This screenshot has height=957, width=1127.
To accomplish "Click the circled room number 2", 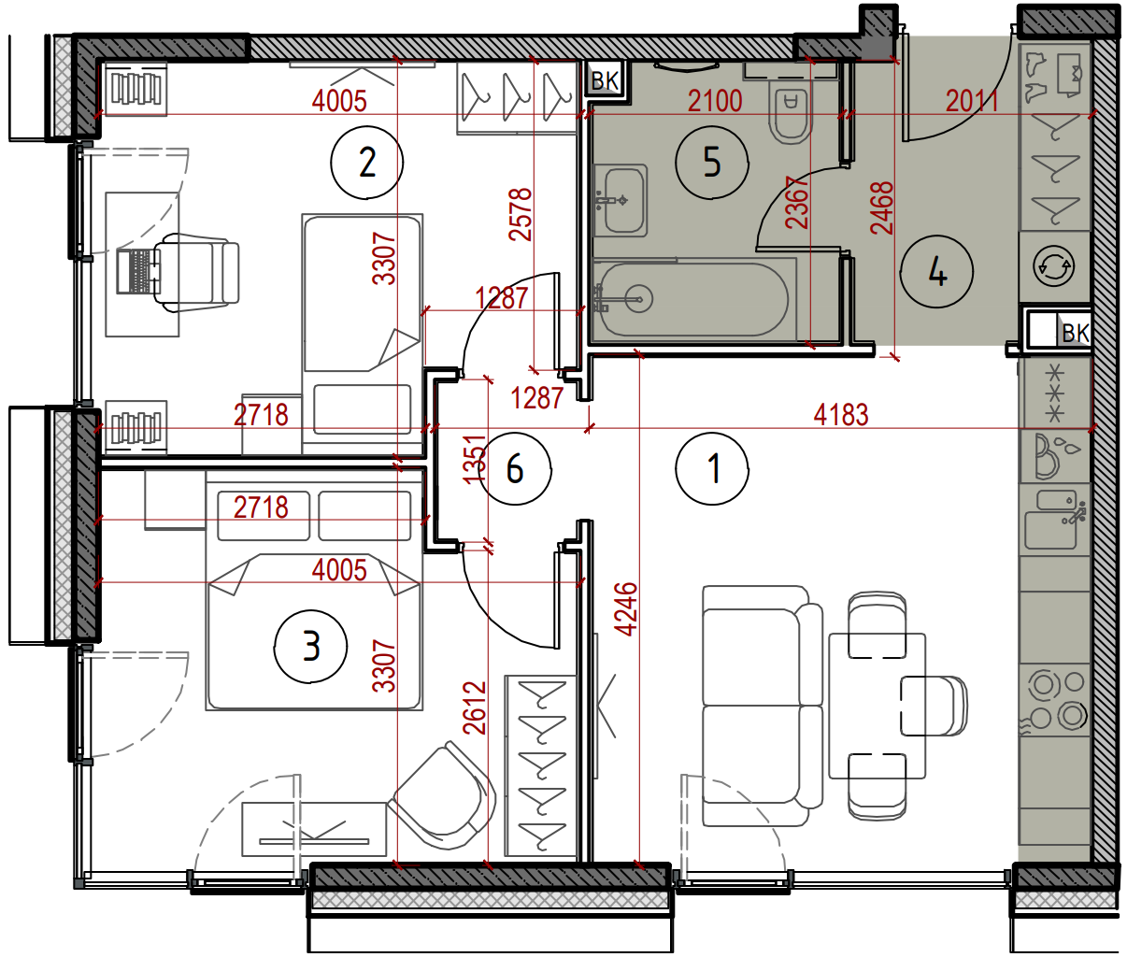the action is coord(367,163).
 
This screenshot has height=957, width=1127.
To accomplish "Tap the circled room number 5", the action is coord(712,163).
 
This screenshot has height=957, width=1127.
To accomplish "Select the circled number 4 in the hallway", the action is coord(936,272).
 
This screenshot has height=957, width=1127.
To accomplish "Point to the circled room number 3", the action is coord(311,646).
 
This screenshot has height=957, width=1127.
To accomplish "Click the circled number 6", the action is coord(515,468).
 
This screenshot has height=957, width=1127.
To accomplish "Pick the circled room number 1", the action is coord(712,469).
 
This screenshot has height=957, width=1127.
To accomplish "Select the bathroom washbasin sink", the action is coord(621,201).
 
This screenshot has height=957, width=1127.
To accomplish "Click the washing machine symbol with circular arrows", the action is coord(1053,267).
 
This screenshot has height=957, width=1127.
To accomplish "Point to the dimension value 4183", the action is coord(841,415).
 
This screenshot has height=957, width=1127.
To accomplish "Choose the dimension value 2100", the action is coord(715,102).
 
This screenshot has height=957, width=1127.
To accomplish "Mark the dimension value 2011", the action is coord(972,102).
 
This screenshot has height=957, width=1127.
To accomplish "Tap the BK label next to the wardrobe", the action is coord(606,81).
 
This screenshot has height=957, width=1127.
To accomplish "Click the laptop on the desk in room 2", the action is coord(138,271).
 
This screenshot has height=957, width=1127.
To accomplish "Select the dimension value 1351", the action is coord(474,459).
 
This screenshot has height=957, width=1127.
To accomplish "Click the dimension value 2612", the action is coord(474,708).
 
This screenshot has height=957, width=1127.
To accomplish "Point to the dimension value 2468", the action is coord(882,207).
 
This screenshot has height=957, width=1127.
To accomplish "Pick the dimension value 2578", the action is coord(520,214).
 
